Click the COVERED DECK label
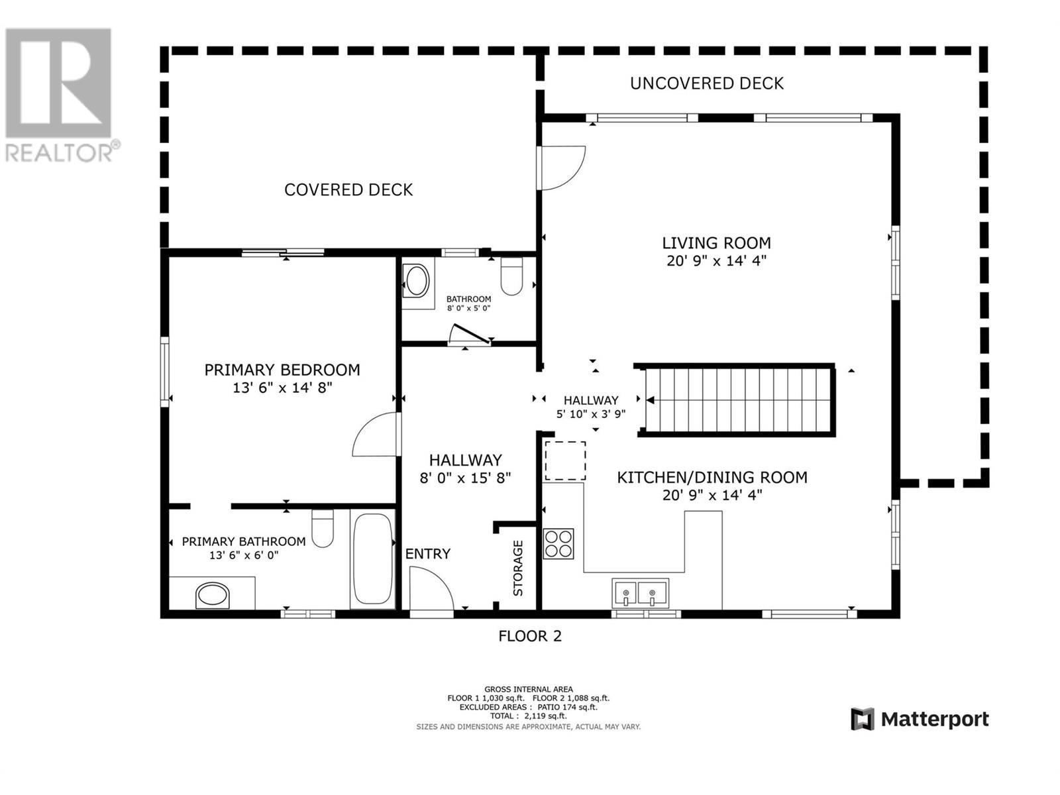tap(348, 190)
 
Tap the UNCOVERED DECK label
tap(706, 83)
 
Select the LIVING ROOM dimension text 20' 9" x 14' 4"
tap(716, 261)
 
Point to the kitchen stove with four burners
tap(558, 543)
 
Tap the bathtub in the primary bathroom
tap(372, 558)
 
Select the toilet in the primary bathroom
tap(323, 529)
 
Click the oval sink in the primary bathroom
tap(213, 595)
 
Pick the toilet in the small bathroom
tap(511, 276)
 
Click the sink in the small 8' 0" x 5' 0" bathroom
tap(417, 281)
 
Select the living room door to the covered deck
tap(562, 168)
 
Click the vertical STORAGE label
tap(518, 568)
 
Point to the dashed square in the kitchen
tap(565, 460)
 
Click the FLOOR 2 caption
tap(529, 636)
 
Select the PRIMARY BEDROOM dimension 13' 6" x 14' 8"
tap(282, 388)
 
